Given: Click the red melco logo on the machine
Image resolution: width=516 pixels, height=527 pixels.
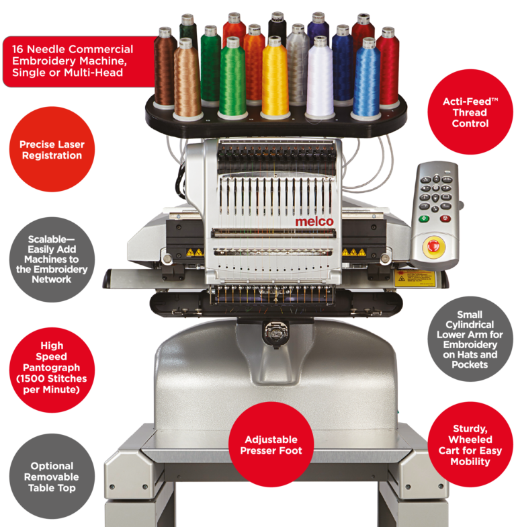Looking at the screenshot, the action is tap(314, 222).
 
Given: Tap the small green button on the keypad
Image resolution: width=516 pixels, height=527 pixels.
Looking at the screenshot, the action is tap(424, 219).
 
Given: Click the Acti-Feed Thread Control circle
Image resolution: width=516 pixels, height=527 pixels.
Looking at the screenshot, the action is tap(470, 112).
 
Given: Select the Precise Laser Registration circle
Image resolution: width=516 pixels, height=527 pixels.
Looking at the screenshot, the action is tap(52, 149).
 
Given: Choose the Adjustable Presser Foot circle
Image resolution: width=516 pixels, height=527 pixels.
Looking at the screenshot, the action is tap(271, 445).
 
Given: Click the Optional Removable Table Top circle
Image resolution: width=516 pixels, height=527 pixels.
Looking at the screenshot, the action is tap(52, 476).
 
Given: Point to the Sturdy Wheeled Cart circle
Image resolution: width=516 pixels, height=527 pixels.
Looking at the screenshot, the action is tap(470, 445).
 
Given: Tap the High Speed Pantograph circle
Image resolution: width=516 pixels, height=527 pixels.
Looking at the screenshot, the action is tap(52, 370).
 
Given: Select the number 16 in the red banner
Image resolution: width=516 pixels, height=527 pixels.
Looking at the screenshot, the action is tap(17, 50).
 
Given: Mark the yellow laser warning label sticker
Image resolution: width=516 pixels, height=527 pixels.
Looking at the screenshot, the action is tap(415, 278).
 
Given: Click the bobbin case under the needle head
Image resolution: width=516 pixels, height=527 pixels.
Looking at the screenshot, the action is tap(275, 333).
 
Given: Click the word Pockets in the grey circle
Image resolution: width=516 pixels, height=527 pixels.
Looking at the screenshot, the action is tap(470, 364).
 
